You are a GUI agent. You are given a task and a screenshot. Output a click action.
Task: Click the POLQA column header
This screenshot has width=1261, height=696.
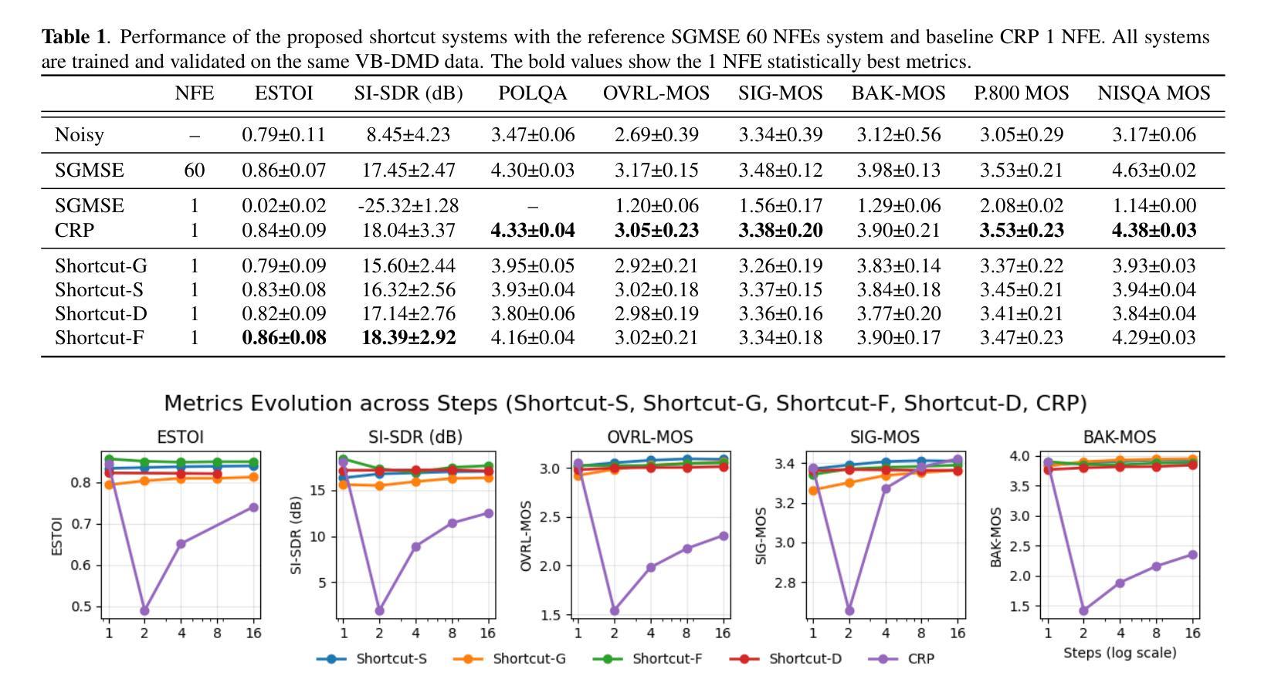(532, 93)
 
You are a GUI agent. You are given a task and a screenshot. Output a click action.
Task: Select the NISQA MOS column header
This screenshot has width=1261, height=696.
(1154, 93)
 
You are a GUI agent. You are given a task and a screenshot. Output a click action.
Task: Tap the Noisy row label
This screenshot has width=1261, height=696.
(80, 134)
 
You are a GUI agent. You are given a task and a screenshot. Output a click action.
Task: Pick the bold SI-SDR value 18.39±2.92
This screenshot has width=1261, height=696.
(408, 337)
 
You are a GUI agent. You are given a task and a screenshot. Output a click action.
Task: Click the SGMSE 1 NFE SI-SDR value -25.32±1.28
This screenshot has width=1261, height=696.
(408, 206)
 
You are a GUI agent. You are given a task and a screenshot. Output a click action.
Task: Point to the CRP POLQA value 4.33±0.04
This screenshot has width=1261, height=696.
(533, 230)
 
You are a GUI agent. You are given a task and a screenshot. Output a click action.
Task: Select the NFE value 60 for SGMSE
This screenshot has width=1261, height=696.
(195, 170)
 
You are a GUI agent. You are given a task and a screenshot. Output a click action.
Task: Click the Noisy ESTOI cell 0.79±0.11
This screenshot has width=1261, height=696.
(283, 134)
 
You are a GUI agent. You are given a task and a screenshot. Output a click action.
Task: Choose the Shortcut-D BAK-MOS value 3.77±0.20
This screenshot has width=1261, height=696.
(899, 313)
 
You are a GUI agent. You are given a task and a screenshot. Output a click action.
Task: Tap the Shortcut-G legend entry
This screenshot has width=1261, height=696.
(529, 659)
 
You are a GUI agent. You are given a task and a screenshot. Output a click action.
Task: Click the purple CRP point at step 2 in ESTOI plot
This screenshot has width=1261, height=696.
(144, 610)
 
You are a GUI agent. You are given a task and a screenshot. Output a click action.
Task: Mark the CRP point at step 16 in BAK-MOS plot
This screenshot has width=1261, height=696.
(1193, 554)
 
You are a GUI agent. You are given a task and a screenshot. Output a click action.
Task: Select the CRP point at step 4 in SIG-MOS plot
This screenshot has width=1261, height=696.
(886, 488)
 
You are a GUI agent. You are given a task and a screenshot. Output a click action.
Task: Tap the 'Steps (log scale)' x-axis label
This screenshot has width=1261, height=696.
(1120, 653)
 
